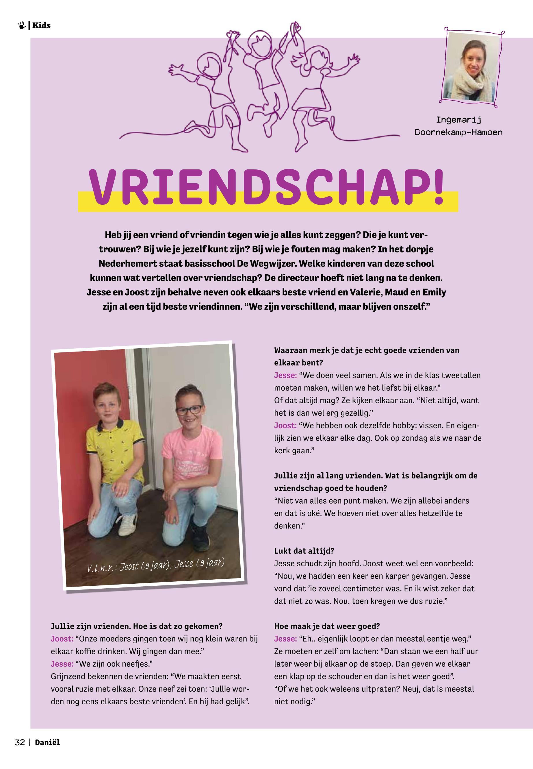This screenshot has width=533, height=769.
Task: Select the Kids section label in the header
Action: coord(41,25)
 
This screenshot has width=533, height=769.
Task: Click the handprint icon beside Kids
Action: coord(22,25)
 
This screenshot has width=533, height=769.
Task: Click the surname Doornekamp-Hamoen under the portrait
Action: coord(458,132)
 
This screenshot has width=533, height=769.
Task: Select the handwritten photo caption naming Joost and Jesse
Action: coord(155,565)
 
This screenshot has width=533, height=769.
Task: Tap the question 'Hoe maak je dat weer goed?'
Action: coord(327,626)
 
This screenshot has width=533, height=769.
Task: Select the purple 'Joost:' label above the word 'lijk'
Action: coord(285,426)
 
